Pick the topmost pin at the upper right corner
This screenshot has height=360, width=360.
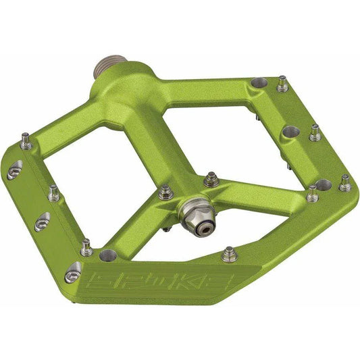point(282,84)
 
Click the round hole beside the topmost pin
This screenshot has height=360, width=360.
point(258,84)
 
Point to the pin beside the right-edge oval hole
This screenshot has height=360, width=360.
point(315,132)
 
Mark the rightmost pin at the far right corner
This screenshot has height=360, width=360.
point(344,182)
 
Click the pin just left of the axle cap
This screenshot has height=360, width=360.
point(165,192)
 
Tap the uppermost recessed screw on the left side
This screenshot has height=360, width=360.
point(14,172)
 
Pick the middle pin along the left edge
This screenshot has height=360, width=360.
point(53,194)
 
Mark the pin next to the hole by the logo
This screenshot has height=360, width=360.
point(86,247)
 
